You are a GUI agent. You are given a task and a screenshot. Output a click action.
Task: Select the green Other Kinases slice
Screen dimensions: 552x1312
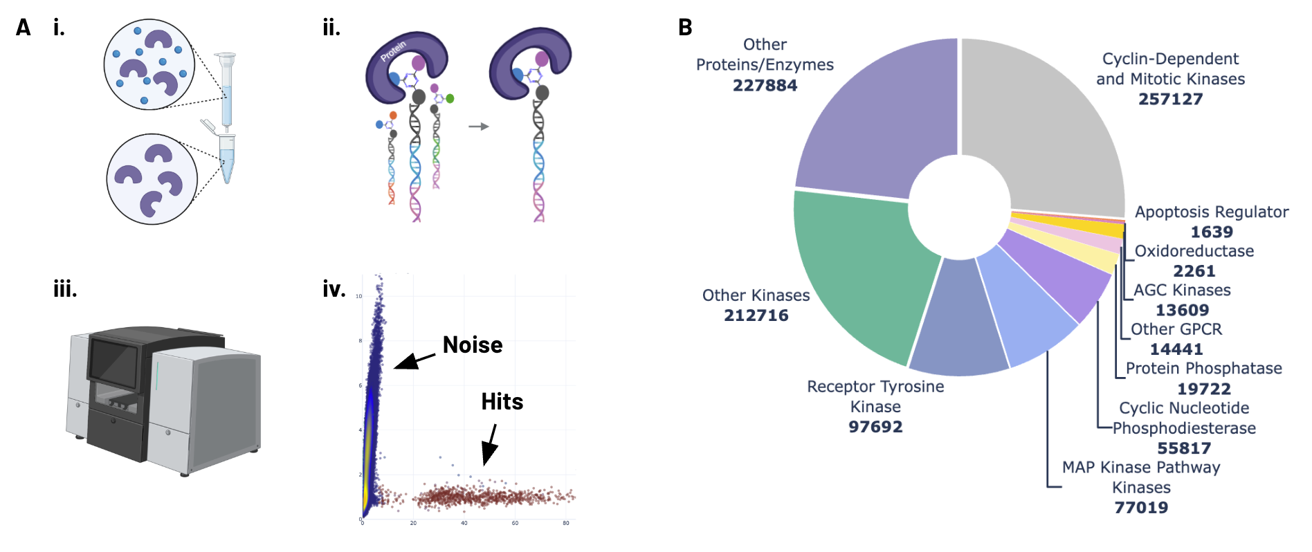[858, 270]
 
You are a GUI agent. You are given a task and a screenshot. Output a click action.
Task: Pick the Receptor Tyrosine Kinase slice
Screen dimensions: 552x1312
[958, 322]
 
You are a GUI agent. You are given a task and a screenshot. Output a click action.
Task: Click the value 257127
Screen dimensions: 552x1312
[1170, 99]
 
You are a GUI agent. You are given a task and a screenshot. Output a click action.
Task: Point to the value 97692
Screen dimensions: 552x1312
[875, 427]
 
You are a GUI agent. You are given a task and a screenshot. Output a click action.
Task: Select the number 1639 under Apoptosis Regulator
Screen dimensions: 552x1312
[1212, 232]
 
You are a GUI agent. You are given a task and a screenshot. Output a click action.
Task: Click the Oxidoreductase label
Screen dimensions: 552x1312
[1194, 251]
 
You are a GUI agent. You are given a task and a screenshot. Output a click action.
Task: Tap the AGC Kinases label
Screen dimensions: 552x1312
[1182, 291]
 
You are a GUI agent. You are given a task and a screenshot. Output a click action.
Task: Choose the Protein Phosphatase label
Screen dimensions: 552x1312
[1203, 369]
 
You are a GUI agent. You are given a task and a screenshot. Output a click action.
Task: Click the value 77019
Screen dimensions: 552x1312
[1141, 508]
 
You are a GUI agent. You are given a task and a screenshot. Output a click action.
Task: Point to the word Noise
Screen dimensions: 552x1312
[473, 345]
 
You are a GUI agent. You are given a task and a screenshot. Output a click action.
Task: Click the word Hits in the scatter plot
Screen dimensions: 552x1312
[502, 402]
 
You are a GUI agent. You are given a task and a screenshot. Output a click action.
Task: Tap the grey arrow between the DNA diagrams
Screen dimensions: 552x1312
[479, 127]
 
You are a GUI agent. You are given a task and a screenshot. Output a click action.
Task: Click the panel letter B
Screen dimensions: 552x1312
[685, 28]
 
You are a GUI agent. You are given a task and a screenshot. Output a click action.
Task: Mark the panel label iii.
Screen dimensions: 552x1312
[65, 289]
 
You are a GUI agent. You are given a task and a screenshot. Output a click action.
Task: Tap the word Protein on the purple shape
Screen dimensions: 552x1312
[393, 50]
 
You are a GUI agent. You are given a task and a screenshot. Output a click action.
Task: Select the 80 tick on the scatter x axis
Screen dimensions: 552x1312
[566, 523]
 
